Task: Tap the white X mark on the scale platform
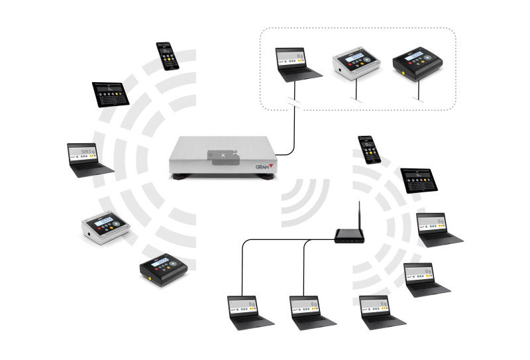223,155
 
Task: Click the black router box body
349,235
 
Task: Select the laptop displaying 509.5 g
89,160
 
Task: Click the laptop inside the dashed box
299,64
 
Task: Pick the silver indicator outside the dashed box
105,227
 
